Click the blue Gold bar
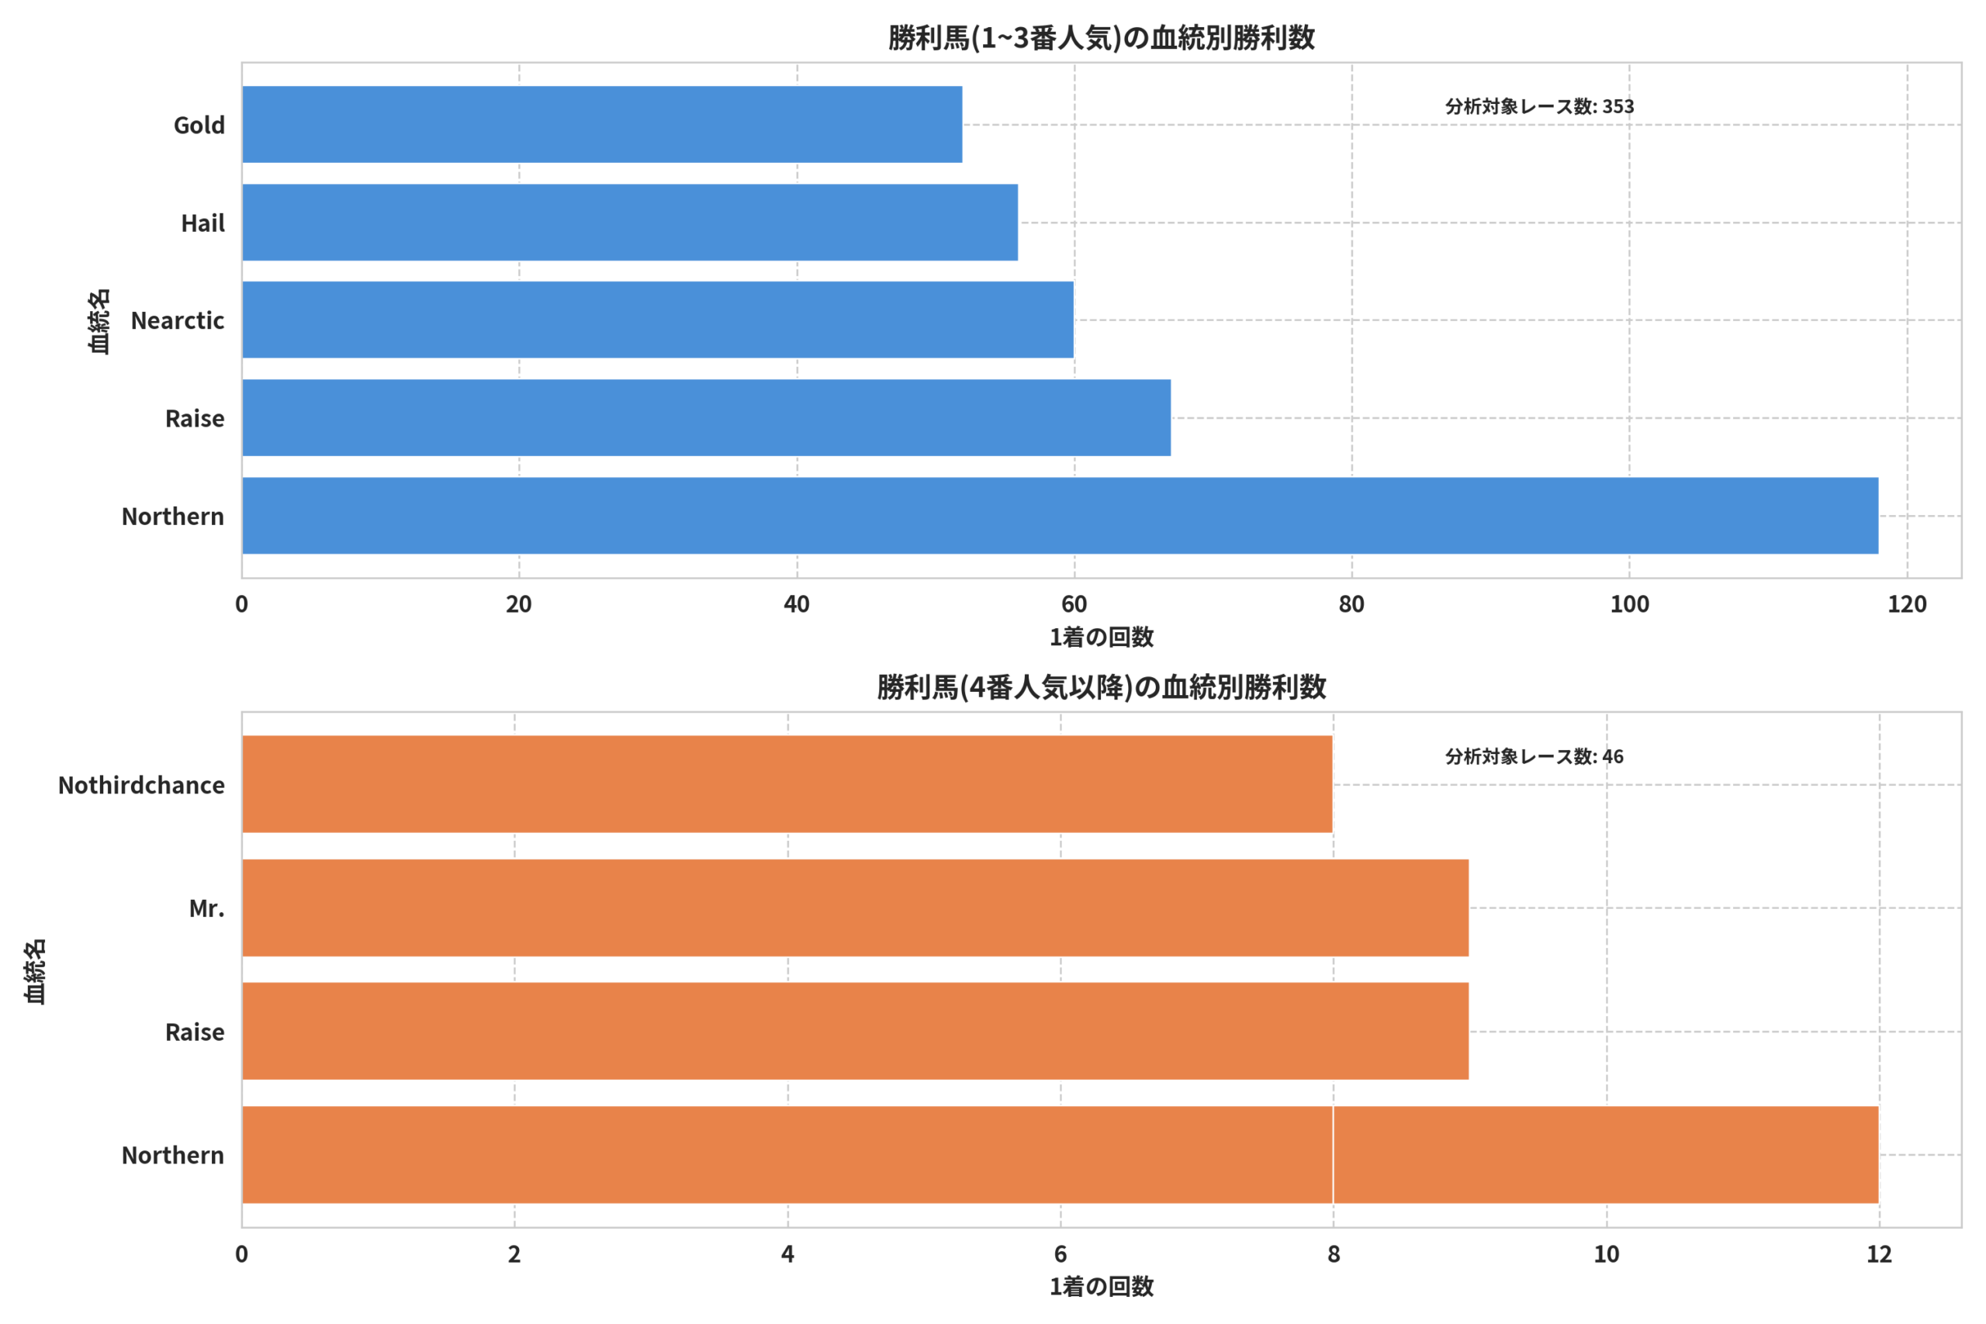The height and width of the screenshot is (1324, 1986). [602, 124]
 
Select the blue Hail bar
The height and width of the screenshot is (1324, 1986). [630, 222]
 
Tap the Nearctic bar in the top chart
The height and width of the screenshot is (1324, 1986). [658, 320]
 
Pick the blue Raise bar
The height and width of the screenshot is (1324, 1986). [707, 418]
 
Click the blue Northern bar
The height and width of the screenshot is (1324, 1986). [1060, 516]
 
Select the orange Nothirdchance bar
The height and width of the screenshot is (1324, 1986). [787, 784]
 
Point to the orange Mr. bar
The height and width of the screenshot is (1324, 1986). [856, 907]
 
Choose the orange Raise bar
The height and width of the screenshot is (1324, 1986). [856, 1031]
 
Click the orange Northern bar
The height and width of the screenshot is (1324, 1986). [1060, 1154]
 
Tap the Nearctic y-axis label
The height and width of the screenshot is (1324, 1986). [178, 321]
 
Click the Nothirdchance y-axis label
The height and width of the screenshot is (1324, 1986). [141, 785]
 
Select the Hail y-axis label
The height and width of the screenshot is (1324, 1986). [202, 223]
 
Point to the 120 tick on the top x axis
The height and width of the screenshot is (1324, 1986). [1907, 604]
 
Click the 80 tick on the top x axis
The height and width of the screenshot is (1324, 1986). [1352, 604]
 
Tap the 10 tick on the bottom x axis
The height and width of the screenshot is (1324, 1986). [1607, 1254]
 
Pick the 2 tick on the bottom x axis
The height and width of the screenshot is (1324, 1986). [514, 1254]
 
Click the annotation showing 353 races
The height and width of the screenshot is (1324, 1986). [1539, 106]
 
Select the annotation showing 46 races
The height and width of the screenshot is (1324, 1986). [1534, 756]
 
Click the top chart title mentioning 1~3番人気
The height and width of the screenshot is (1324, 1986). [1101, 38]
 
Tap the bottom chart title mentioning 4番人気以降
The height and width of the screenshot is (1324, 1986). [1101, 687]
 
